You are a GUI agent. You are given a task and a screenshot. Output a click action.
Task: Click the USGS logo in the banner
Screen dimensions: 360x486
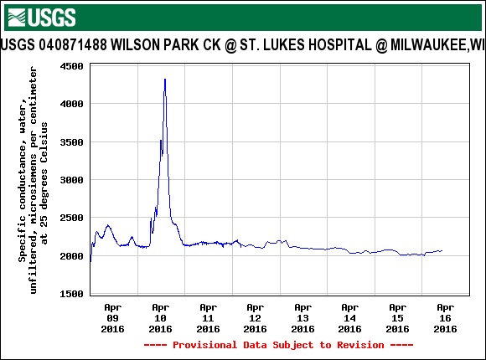41,16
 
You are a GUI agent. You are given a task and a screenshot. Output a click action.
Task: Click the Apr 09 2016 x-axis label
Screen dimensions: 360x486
113,319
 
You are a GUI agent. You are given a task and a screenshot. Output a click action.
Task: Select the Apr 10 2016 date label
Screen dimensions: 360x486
161,319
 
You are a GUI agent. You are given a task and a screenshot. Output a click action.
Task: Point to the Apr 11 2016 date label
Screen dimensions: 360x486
209,319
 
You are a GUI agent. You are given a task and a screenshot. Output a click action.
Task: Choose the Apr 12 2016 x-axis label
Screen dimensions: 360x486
256,319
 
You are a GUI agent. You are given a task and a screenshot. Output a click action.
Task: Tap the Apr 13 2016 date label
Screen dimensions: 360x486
303,319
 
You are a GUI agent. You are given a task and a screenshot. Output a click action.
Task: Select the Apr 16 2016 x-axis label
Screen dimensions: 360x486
446,319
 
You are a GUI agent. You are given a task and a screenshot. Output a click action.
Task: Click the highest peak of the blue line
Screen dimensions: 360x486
165,80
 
